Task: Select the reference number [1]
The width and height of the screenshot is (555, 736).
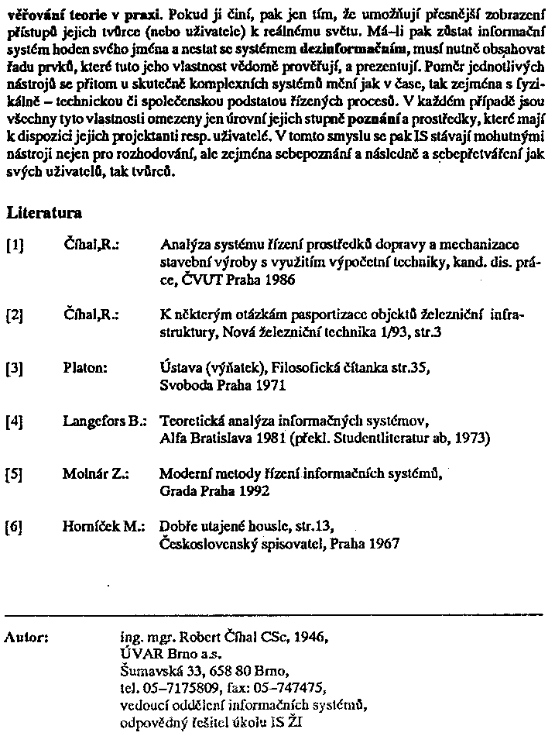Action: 15,246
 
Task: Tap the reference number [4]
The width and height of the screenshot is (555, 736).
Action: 15,422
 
